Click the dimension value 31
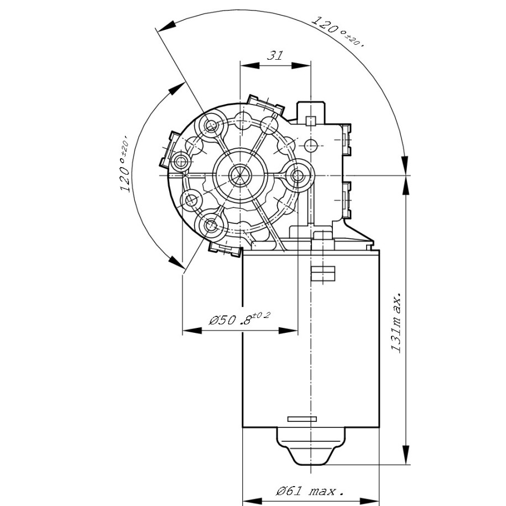tap(275, 55)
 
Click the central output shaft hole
tap(239, 175)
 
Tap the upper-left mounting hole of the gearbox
tap(211, 127)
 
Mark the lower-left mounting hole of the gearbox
tap(211, 225)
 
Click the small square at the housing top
tap(311, 120)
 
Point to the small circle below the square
tap(311, 145)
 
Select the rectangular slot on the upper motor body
tap(323, 274)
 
